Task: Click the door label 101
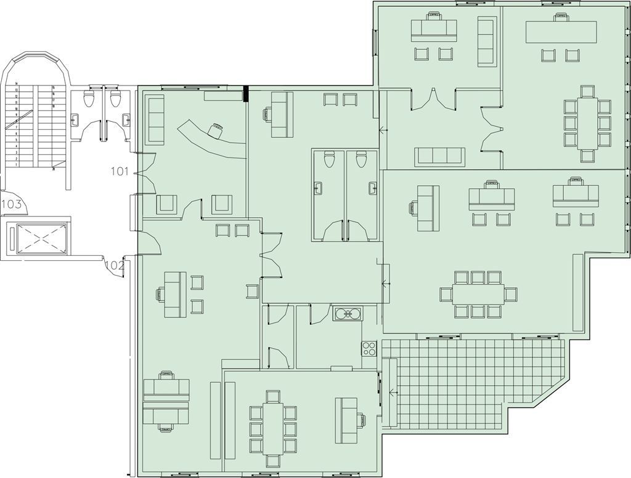coord(120,171)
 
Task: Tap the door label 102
coord(114,265)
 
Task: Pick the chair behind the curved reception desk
coord(216,130)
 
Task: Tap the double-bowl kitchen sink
coord(348,314)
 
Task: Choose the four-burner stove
coord(368,348)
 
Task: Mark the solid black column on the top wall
coord(245,94)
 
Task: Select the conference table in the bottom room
coord(272,428)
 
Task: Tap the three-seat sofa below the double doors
coord(440,157)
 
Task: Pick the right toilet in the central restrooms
coord(360,160)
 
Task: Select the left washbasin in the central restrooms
coord(319,188)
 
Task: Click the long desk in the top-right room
coord(561,32)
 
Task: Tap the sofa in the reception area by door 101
coord(156,119)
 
